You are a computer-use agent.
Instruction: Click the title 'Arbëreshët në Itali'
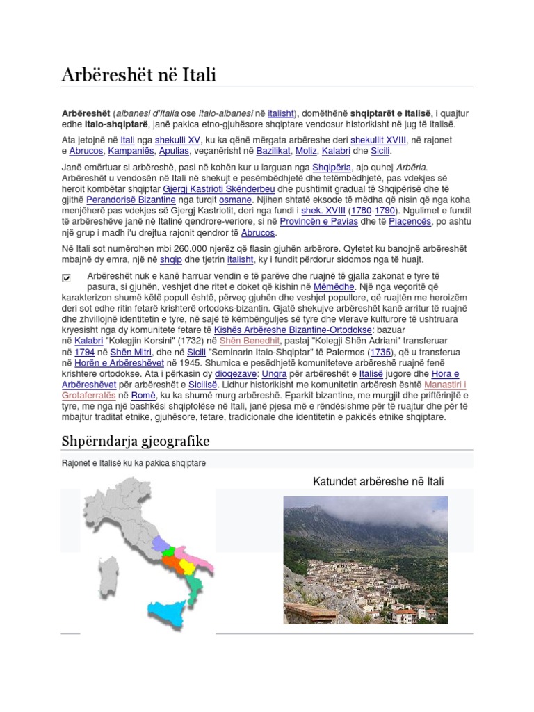coord(138,75)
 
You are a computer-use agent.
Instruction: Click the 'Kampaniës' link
coord(131,151)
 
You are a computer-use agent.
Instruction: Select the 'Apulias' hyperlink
coord(173,151)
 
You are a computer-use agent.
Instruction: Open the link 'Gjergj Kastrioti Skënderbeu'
coord(218,188)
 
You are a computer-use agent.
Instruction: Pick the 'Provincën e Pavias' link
coord(330,222)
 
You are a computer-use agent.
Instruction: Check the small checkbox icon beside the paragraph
coord(67,277)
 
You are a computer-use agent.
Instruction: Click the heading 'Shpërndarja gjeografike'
coord(136,442)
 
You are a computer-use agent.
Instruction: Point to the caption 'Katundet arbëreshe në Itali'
coord(378,481)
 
